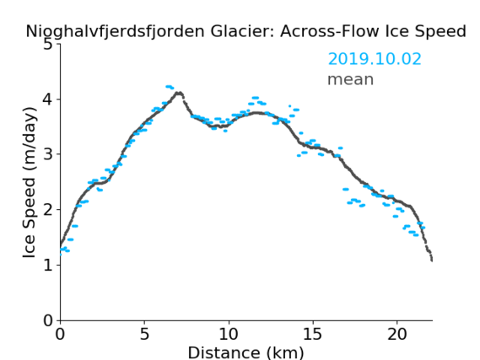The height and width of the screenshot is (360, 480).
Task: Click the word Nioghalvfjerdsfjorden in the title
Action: click(115, 32)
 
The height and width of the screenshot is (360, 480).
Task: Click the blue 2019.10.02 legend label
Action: click(375, 59)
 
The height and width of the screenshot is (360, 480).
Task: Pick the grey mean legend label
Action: click(351, 79)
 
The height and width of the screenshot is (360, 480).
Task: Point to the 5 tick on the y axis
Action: click(48, 45)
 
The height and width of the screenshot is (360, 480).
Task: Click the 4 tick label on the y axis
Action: click(48, 99)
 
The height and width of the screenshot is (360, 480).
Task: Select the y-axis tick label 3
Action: click(48, 154)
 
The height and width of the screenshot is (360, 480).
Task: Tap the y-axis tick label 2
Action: click(48, 210)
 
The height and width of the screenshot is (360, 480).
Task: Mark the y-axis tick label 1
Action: click(48, 265)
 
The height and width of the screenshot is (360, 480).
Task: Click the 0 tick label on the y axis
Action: click(48, 320)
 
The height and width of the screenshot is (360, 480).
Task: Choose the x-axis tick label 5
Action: click(144, 334)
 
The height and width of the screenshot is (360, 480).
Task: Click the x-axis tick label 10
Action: click(229, 334)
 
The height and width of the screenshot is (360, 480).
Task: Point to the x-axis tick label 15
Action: click(313, 334)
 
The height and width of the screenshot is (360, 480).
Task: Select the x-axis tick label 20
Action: click(396, 334)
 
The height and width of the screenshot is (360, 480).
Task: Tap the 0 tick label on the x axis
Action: click(60, 334)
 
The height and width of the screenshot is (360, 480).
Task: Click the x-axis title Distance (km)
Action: click(245, 352)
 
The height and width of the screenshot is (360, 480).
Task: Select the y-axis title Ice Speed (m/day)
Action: click(30, 182)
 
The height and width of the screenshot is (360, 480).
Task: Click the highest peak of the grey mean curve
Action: click(179, 93)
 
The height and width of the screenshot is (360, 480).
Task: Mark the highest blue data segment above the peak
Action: click(170, 87)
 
